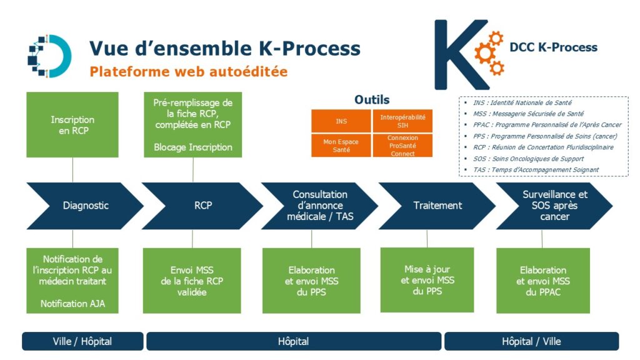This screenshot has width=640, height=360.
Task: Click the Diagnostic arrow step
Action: tap(85, 206)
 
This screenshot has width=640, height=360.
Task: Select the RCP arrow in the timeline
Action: tap(203, 206)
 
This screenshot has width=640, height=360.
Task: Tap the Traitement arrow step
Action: tap(437, 206)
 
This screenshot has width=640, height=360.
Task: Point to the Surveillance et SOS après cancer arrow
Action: tap(554, 206)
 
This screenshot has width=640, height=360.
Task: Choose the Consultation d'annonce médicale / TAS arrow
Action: tap(320, 206)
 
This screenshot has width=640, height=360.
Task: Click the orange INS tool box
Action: tap(341, 121)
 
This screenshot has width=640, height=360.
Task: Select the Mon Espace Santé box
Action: tap(341, 146)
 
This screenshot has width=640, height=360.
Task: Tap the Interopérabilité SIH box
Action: tap(402, 121)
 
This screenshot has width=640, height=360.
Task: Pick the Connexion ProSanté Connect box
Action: tap(402, 146)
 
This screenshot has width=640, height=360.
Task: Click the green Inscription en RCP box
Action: tap(72, 125)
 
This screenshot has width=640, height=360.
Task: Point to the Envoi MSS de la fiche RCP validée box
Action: tap(192, 281)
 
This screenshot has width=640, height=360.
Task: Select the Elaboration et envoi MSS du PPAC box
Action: tap(543, 281)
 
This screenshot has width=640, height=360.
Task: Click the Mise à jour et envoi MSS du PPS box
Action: tap(427, 280)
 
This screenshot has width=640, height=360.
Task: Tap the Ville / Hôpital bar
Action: tap(82, 341)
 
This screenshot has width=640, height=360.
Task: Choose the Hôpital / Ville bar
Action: tap(531, 341)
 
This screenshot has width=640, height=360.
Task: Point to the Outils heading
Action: tap(372, 99)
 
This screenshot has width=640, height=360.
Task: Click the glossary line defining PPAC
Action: tap(547, 125)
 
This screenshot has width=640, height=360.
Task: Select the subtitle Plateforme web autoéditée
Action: tap(189, 72)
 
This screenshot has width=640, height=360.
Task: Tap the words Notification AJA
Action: tap(72, 304)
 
